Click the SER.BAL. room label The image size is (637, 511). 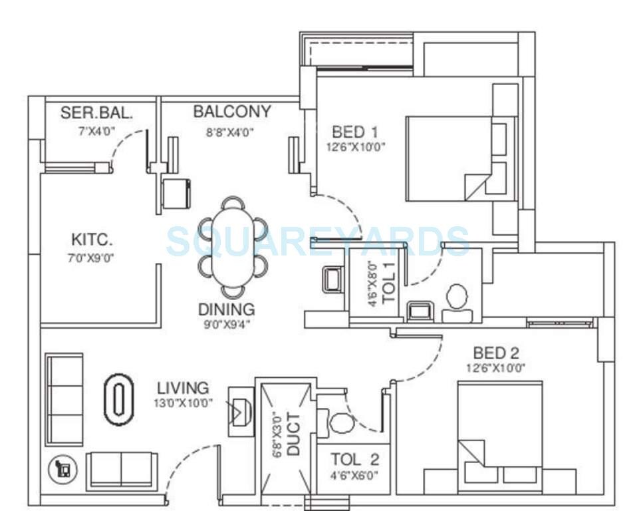click(96, 113)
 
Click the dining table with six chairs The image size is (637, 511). click(233, 248)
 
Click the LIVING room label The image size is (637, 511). click(183, 387)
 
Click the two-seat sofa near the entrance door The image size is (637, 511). click(122, 470)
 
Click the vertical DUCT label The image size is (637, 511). click(293, 434)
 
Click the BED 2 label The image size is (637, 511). click(496, 353)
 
